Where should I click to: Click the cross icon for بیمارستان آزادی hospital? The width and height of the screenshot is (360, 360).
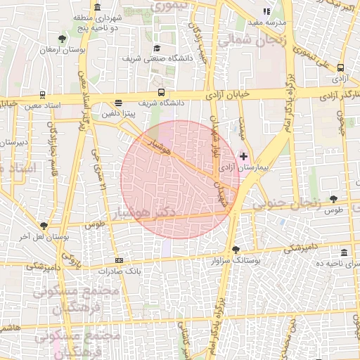tap(243, 155)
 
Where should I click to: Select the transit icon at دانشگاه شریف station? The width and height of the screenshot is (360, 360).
tap(162, 92)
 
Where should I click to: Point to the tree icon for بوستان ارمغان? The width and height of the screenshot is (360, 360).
tap(63, 38)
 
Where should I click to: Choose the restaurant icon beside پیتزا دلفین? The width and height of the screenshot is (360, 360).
tap(117, 102)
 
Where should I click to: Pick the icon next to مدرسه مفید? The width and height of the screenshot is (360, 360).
tap(266, 11)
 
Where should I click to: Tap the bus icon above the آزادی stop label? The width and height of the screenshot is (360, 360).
tap(340, 68)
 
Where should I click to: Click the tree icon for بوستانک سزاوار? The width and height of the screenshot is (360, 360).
tap(235, 250)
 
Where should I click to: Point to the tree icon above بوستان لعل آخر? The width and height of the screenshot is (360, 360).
tap(44, 226)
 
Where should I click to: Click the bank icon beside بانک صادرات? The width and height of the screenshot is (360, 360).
tap(119, 260)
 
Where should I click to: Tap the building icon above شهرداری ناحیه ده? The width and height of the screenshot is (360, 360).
tap(343, 252)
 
